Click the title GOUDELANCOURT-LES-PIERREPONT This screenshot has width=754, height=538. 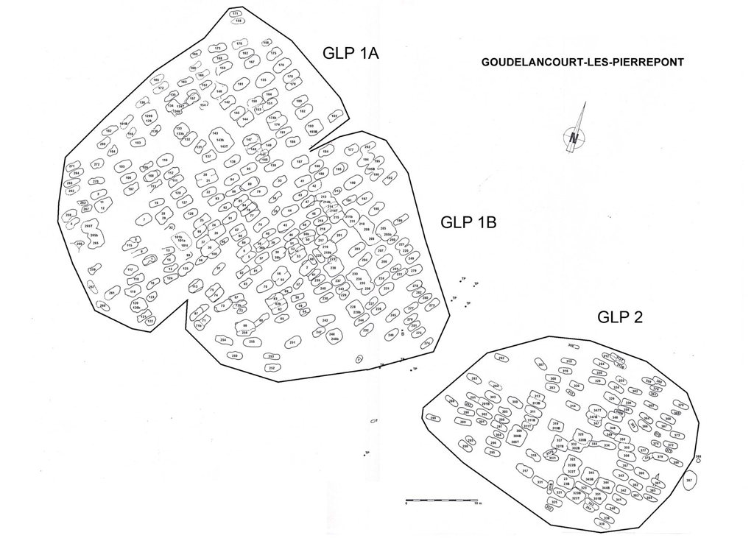[582, 63]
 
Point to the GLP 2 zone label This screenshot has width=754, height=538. [620, 317]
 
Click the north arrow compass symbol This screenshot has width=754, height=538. [575, 132]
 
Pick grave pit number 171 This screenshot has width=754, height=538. [236, 13]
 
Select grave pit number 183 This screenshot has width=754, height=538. [335, 116]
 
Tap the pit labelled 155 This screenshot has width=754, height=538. [263, 80]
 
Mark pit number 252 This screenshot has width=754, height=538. [272, 367]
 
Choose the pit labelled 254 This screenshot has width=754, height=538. [222, 340]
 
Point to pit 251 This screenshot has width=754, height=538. [293, 341]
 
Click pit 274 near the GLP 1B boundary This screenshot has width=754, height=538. [427, 343]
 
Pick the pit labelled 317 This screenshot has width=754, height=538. [526, 471]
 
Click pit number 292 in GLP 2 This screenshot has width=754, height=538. [501, 358]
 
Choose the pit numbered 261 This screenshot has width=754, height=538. [112, 293]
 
